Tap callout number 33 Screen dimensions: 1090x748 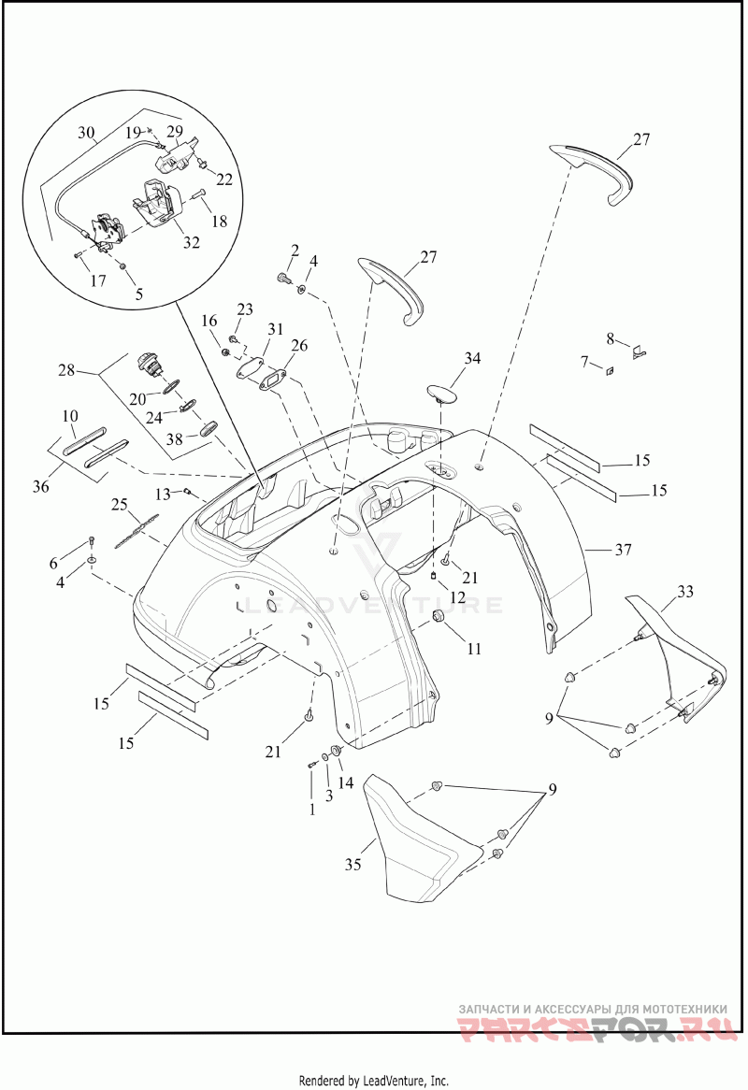click(685, 593)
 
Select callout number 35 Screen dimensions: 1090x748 click(352, 866)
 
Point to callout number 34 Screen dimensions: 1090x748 click(471, 358)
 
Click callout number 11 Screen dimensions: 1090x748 click(474, 648)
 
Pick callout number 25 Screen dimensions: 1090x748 click(120, 506)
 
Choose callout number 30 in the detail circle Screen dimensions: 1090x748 click(86, 133)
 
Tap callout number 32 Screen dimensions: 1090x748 click(191, 242)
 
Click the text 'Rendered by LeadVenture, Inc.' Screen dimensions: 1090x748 click(374, 1081)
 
